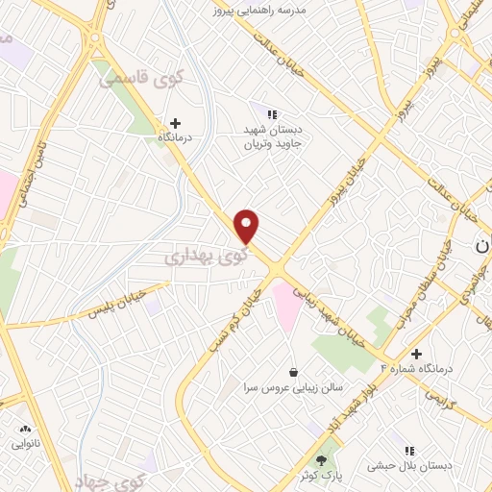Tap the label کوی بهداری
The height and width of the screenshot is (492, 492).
[x=206, y=257]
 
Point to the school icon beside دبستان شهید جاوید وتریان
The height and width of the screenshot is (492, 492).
[x=257, y=115]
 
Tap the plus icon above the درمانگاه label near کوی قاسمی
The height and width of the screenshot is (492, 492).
[x=175, y=123]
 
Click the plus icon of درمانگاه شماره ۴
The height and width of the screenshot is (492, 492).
[x=416, y=353]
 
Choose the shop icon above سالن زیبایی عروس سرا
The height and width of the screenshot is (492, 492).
[x=293, y=371]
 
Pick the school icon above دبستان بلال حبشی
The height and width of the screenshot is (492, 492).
[x=408, y=450]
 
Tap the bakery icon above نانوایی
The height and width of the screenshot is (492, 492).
[x=25, y=429]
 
